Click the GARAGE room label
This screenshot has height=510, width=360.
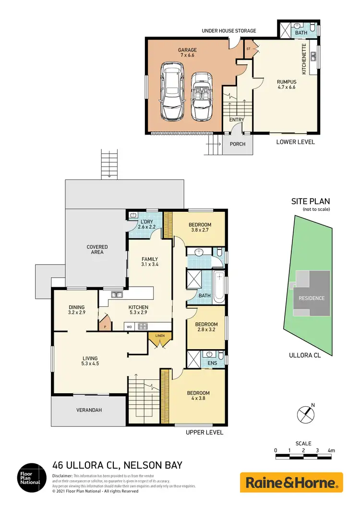pos(187,53)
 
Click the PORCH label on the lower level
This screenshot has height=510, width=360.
pos(237,144)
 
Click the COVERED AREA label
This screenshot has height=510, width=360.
pos(97,250)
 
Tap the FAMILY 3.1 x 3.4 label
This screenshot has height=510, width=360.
pos(150,262)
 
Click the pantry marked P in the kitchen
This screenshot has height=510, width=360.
pos(105,326)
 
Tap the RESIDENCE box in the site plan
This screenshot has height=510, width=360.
pos(312,298)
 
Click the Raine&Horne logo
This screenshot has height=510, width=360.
pos(291,482)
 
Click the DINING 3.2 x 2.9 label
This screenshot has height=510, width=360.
pos(76,310)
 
